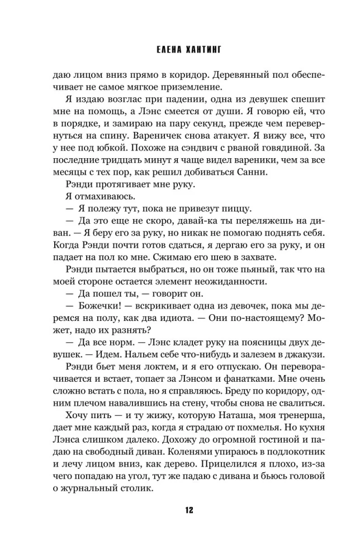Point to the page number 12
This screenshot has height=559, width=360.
pyautogui.click(x=180, y=510)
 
